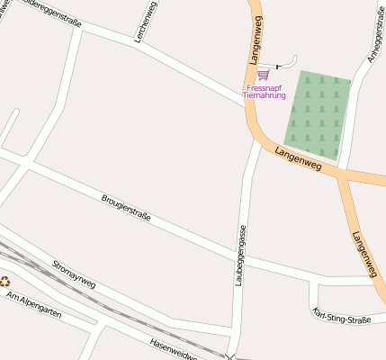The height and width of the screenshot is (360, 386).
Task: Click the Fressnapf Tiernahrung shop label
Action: [x=265, y=91]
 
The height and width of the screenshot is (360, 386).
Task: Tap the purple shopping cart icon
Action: [x=263, y=75]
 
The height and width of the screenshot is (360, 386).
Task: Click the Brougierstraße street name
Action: [x=125, y=207]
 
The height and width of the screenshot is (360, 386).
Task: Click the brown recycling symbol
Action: [x=4, y=281]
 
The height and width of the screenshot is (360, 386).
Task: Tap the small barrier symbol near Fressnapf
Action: [x=278, y=67]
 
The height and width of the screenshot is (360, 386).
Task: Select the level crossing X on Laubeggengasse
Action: [x=231, y=357]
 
